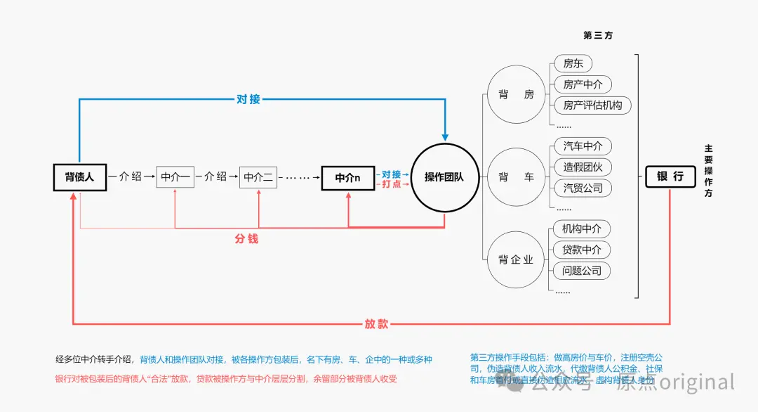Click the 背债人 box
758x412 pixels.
pos(79,177)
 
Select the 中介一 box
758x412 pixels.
pos(175,177)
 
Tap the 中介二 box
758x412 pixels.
pos(258,177)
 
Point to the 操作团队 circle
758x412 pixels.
pos(444,177)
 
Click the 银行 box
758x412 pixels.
pos(670,176)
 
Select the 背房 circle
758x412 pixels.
pos(516,95)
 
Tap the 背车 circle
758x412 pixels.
pos(516,177)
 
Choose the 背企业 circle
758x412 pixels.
pos(516,259)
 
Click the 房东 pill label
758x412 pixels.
pos(573,64)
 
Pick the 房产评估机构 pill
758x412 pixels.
pos(592,105)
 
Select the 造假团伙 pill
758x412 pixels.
pos(583,167)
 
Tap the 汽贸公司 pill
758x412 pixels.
pos(583,188)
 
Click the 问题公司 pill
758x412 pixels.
pos(582,271)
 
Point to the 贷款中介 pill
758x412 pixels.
pos(582,250)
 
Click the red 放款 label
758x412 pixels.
pos(376,324)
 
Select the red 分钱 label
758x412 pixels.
pos(246,239)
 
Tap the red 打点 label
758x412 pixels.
pos(392,184)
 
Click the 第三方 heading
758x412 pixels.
pos(598,35)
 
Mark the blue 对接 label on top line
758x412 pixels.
pos(248,99)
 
